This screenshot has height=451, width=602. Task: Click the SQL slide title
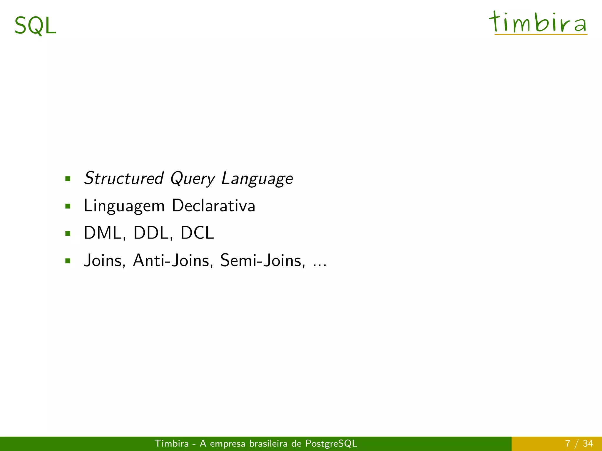click(35, 26)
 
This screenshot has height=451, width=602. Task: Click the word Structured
click(123, 178)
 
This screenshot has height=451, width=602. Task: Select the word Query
click(193, 179)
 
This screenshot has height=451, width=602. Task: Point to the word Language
click(257, 179)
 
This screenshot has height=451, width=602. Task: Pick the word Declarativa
click(214, 206)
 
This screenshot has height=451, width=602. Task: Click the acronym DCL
click(197, 233)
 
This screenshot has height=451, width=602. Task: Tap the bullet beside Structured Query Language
click(68, 179)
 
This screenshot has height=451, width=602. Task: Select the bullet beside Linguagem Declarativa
click(68, 206)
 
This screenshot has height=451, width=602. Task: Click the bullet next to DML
click(68, 234)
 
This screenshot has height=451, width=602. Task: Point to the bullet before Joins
click(68, 261)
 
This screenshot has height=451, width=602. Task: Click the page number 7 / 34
click(579, 443)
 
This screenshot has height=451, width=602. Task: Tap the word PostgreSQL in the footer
click(331, 443)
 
